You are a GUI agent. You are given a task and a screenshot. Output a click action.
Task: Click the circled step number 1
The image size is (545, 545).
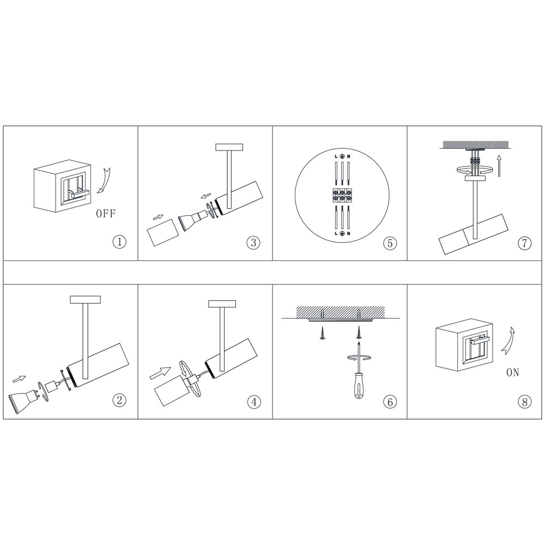[x=119, y=241]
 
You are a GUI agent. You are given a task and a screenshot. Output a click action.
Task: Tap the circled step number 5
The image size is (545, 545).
[x=390, y=243]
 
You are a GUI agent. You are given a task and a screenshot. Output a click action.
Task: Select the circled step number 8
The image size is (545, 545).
[x=524, y=402]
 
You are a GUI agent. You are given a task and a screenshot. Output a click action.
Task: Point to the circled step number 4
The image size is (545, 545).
[x=254, y=402]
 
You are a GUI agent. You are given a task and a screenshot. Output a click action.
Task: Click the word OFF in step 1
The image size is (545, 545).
[x=105, y=214]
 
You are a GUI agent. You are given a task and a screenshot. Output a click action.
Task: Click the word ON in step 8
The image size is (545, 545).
[x=513, y=372]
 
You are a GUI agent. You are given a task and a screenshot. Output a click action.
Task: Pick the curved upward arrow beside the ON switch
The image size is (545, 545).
[x=508, y=341]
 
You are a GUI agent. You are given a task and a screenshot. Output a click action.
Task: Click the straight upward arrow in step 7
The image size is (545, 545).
[x=499, y=166]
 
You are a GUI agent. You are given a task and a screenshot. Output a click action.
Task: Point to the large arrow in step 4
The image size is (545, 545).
[x=160, y=373]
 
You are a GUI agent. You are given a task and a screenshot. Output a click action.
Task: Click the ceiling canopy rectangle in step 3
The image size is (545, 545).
[x=229, y=147]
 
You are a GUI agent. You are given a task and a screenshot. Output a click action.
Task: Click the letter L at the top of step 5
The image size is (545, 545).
[x=336, y=156]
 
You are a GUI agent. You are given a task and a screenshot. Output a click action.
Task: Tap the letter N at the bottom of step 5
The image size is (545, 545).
[x=349, y=233]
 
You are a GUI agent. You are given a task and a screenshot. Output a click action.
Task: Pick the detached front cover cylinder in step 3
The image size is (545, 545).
[x=163, y=232]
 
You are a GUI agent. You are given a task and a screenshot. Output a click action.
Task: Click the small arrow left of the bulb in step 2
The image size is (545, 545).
[x=20, y=379]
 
